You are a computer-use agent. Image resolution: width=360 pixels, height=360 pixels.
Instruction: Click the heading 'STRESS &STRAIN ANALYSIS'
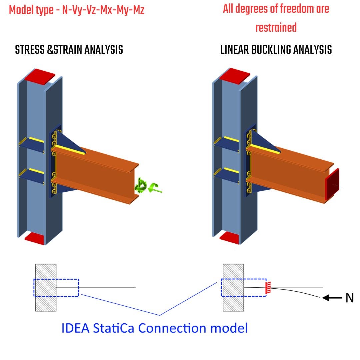[x=69, y=50]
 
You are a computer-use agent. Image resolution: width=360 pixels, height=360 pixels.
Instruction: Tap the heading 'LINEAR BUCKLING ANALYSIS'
[x=276, y=50]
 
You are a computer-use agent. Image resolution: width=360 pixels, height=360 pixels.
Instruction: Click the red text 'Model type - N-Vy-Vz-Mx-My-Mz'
[x=77, y=10]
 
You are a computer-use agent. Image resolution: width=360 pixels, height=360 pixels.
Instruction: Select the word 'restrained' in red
[x=276, y=27]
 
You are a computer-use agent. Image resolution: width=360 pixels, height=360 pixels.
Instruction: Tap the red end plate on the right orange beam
[x=332, y=184]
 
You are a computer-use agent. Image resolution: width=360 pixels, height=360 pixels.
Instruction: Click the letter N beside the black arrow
[x=349, y=298]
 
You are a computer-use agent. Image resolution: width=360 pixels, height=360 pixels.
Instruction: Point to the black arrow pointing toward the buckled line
[x=332, y=298]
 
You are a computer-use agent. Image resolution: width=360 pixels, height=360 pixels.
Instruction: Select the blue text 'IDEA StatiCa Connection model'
[x=155, y=328]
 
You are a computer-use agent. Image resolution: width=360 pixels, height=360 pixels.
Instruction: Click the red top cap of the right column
[x=235, y=75]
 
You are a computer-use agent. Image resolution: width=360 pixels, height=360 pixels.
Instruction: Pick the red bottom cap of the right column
[x=230, y=237]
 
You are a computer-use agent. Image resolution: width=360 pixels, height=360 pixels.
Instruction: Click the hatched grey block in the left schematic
[x=46, y=287]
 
